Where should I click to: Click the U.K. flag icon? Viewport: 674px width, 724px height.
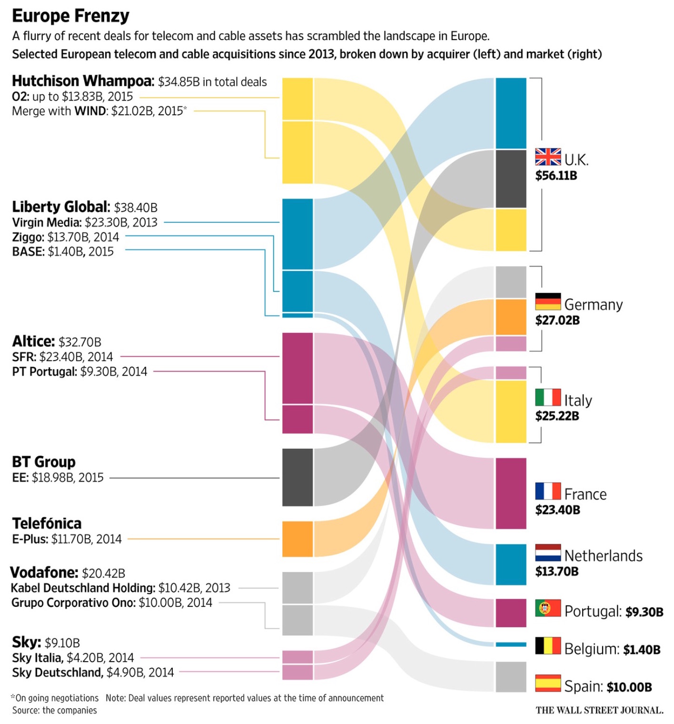point(548,157)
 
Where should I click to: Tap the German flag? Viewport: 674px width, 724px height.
point(548,302)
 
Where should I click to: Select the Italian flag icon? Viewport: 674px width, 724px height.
point(548,397)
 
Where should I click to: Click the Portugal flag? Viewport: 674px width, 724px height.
point(548,608)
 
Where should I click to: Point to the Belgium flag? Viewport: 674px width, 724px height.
point(548,645)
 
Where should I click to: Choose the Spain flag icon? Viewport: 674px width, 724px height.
point(548,683)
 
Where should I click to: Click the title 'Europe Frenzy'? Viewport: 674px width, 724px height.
point(70,16)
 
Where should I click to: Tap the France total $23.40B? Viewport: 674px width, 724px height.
point(557,510)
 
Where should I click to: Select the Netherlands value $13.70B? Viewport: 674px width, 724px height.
point(556,572)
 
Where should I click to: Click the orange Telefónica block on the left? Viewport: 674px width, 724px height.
point(297,539)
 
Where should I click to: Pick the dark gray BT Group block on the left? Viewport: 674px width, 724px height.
point(297,477)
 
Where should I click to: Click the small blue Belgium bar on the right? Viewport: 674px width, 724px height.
point(511,644)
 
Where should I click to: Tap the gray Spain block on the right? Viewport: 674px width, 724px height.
point(511,677)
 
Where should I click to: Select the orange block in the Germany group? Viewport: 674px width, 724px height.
point(511,317)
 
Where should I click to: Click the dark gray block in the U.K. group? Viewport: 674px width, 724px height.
point(511,179)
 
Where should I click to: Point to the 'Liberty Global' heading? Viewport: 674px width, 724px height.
point(61,207)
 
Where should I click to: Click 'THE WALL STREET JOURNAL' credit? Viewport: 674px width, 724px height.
point(599,710)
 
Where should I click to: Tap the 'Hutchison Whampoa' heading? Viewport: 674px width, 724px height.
point(83,81)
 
